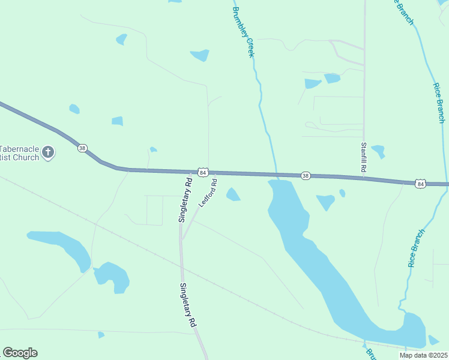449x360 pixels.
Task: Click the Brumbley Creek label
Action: click(x=244, y=32)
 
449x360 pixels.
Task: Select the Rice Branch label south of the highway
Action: click(x=417, y=247)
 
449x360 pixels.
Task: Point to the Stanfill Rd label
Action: click(x=363, y=157)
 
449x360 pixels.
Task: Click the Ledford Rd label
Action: click(x=207, y=193)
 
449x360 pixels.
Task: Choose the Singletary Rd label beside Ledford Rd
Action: click(x=184, y=199)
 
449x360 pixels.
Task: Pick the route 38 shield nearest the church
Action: click(x=83, y=148)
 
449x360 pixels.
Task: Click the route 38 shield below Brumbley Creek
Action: click(x=306, y=175)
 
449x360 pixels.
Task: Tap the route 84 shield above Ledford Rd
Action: click(x=204, y=172)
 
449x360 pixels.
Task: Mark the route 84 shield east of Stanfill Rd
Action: click(x=421, y=183)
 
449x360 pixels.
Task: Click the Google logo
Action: click(x=20, y=353)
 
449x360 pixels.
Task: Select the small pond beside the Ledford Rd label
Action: click(x=233, y=194)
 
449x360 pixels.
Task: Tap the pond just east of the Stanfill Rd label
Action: click(x=378, y=151)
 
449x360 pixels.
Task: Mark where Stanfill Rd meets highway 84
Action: click(x=364, y=178)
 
